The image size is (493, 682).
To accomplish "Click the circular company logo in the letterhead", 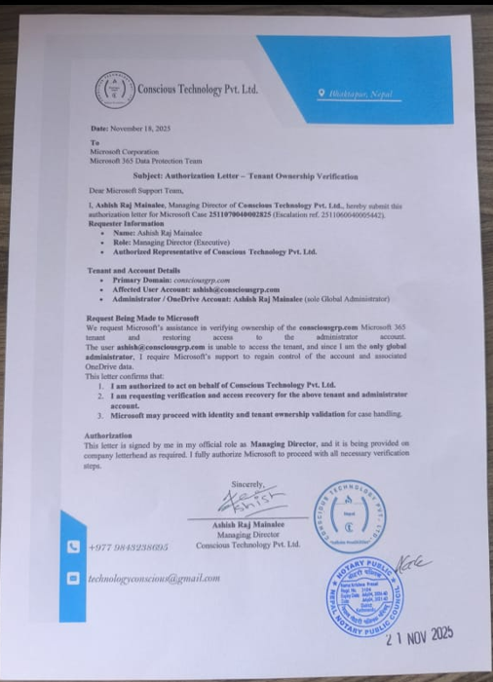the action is point(114,90).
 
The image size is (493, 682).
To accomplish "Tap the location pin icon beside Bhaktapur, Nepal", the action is point(322,91).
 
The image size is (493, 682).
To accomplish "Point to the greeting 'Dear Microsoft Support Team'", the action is point(129,190).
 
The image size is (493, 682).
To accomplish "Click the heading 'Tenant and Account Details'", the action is point(133,269).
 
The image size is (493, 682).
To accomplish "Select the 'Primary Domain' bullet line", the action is point(175,279).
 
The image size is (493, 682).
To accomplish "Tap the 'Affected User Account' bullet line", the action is point(196,289).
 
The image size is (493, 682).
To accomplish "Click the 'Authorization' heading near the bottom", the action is point(107,435).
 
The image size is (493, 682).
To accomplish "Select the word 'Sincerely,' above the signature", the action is point(247,485).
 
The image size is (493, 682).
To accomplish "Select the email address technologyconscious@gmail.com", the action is point(154,578).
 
